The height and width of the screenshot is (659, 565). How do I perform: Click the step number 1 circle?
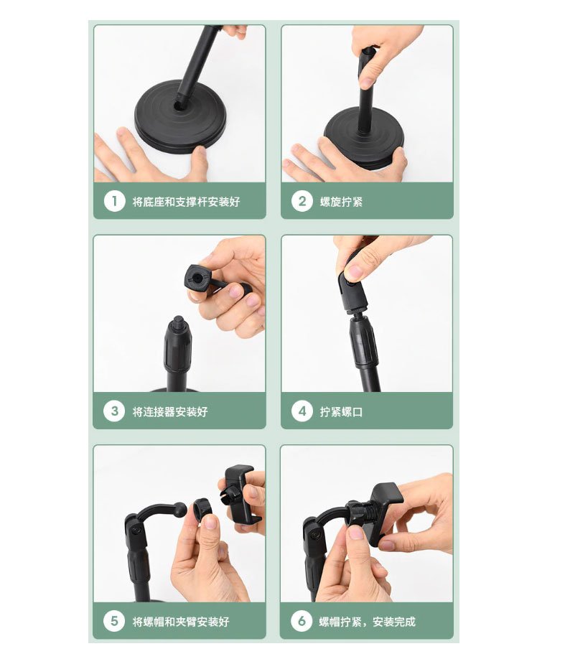tap(114, 201)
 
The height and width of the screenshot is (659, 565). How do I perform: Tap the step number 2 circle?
tap(302, 201)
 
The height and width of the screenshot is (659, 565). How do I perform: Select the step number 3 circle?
tap(114, 411)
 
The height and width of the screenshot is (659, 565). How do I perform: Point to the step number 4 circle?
tap(302, 411)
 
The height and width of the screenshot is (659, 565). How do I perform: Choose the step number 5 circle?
tap(114, 621)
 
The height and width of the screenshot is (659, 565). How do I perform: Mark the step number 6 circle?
tap(302, 621)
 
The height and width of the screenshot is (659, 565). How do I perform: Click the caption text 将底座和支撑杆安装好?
tap(186, 202)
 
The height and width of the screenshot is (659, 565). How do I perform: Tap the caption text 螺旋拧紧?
tap(341, 202)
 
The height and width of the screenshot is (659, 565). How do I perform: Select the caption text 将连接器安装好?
tap(170, 411)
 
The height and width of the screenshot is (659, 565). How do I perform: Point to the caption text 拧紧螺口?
tap(341, 411)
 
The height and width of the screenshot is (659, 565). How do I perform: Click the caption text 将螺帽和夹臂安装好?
tap(181, 621)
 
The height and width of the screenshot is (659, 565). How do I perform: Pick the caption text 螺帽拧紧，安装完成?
tap(367, 621)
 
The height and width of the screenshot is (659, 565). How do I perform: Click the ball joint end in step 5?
tap(180, 510)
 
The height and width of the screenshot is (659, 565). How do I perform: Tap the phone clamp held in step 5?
tap(239, 493)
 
